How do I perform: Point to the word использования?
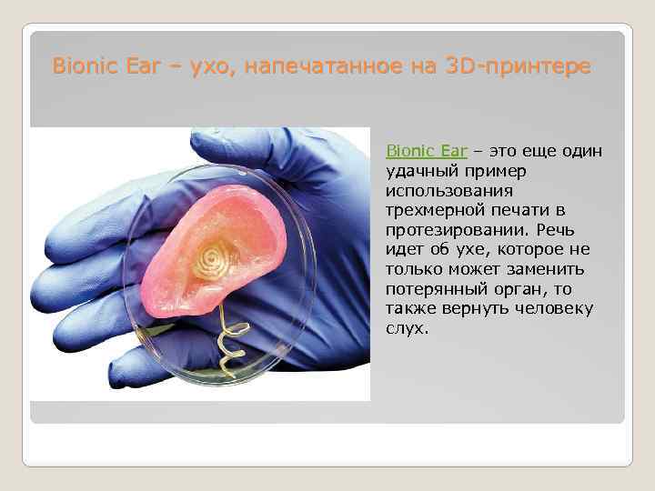[448, 191]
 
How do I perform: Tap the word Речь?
[571, 230]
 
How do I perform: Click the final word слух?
[406, 328]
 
